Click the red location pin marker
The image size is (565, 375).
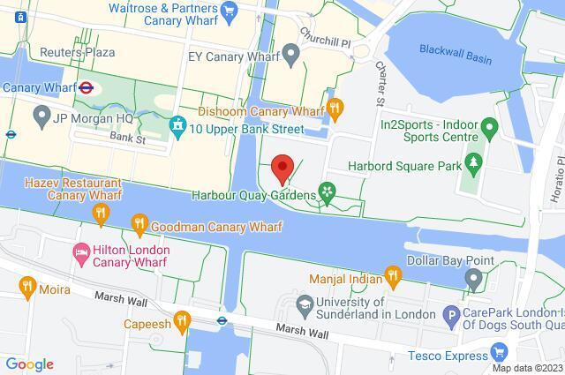282,167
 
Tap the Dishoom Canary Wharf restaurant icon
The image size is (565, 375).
335,109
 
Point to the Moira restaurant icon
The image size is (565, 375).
26,286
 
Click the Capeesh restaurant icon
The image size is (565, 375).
183,320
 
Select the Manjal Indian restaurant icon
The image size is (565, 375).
394,279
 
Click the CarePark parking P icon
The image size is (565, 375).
450,314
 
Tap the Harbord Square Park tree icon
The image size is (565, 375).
474,161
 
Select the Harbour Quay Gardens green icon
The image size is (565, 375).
328,193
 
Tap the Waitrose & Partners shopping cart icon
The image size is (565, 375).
230,11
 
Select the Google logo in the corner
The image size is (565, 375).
28,364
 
